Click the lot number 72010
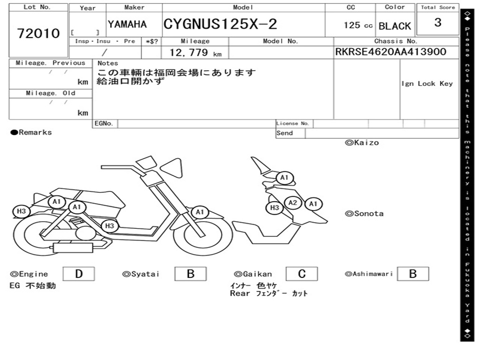pyautogui.click(x=38, y=33)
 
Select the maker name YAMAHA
pyautogui.click(x=127, y=24)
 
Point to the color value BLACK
pyautogui.click(x=395, y=26)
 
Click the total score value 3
pyautogui.click(x=437, y=22)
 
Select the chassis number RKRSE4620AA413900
pyautogui.click(x=390, y=52)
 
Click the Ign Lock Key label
pyautogui.click(x=427, y=83)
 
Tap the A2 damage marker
pyautogui.click(x=293, y=202)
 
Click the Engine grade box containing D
pyautogui.click(x=78, y=274)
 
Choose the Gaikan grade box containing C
pyautogui.click(x=301, y=274)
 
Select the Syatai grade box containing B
pyautogui.click(x=190, y=274)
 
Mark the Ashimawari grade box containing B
pyautogui.click(x=412, y=274)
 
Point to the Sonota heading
pyautogui.click(x=368, y=213)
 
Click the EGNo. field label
pyautogui.click(x=104, y=123)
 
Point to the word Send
pyautogui.click(x=285, y=133)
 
